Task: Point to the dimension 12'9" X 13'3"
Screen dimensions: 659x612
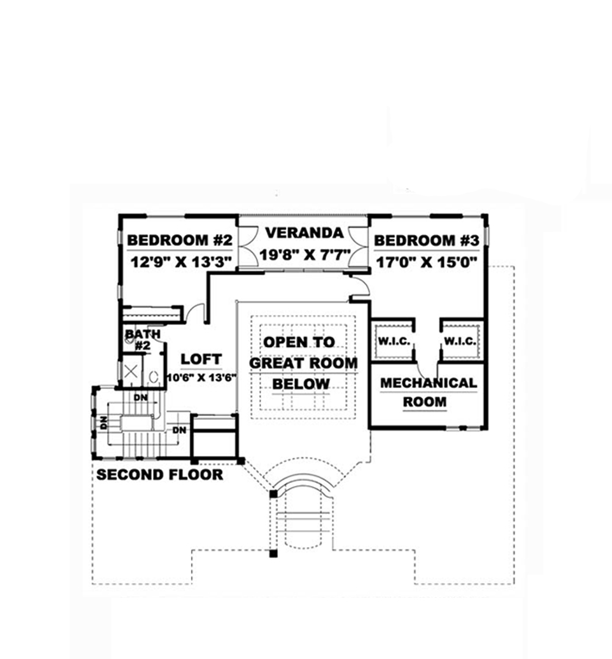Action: pos(180,262)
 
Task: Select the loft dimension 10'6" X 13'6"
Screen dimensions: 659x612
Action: pos(201,377)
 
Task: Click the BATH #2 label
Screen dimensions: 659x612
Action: pos(142,340)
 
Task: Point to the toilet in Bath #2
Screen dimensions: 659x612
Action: pos(154,376)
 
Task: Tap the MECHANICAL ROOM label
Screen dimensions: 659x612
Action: pos(428,392)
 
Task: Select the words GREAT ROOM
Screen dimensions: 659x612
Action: pos(304,363)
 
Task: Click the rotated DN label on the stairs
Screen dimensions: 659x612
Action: pos(104,422)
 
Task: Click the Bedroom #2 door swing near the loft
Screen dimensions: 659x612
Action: pos(195,311)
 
